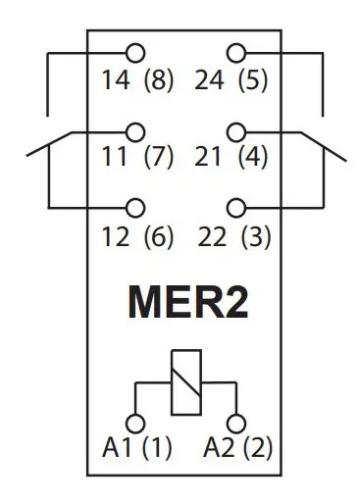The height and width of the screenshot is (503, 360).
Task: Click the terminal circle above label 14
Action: [x=135, y=53]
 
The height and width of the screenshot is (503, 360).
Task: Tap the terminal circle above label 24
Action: [x=236, y=53]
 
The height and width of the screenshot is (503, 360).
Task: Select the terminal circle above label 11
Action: [x=135, y=129]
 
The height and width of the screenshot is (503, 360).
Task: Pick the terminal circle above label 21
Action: [x=236, y=129]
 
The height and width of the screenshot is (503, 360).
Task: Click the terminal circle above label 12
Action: [x=135, y=207]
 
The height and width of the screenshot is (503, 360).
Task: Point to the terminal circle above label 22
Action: [x=236, y=207]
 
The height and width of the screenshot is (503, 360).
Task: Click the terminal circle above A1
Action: [x=136, y=423]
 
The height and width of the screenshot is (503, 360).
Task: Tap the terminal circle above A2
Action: [x=235, y=423]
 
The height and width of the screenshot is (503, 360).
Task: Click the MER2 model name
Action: [x=185, y=304]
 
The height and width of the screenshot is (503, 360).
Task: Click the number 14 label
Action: [x=114, y=81]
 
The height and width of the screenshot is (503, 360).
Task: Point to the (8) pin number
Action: [x=158, y=81]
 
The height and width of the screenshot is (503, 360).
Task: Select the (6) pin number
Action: [x=158, y=236]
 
